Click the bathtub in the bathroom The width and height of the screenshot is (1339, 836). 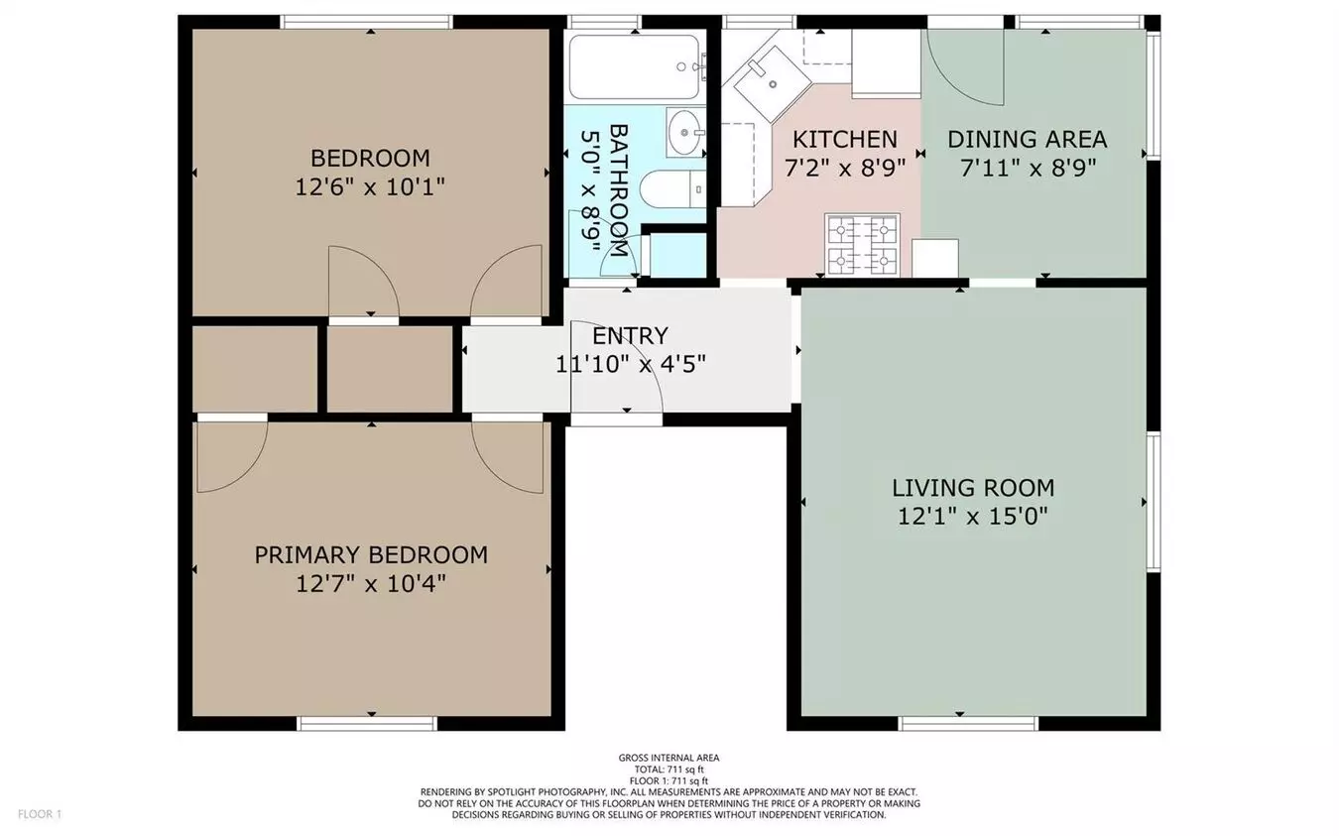tap(634, 66)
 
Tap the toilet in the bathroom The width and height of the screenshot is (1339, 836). tap(672, 188)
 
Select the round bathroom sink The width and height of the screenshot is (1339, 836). tap(685, 132)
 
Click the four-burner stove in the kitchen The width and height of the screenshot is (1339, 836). tap(862, 244)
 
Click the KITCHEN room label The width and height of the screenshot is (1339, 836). tap(845, 139)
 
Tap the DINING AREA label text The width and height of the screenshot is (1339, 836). tap(1027, 139)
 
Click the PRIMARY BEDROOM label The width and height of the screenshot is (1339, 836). tap(371, 555)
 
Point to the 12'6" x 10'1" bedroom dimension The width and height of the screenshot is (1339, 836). tap(370, 187)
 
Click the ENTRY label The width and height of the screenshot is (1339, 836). tap(630, 336)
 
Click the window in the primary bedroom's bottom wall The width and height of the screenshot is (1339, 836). tap(367, 724)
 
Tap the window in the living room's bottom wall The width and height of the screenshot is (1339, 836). tap(968, 724)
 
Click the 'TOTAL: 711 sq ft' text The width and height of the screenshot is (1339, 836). tap(669, 770)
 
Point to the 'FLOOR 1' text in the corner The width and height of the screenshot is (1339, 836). tap(40, 814)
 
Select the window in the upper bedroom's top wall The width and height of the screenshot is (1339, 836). tap(366, 22)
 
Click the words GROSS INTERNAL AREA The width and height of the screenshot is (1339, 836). tap(669, 758)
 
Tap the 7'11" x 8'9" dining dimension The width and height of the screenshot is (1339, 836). tap(1029, 168)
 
